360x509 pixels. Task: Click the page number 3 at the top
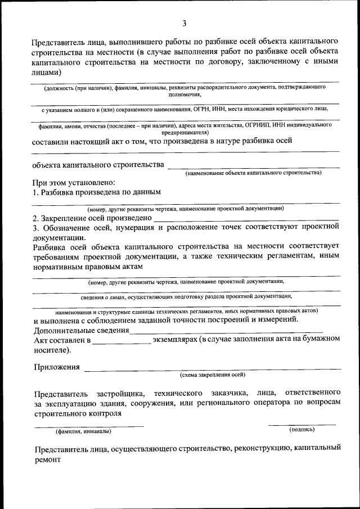click(x=184, y=23)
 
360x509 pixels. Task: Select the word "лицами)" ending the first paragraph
click(x=47, y=73)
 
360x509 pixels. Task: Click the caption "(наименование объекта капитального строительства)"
click(x=254, y=173)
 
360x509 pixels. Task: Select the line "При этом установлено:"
click(x=74, y=183)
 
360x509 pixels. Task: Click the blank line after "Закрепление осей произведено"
click(x=246, y=219)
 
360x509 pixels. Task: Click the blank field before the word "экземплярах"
click(x=122, y=341)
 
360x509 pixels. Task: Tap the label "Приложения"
click(x=56, y=367)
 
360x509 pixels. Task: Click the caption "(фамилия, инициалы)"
click(x=83, y=432)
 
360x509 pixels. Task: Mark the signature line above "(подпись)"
click(x=301, y=425)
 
